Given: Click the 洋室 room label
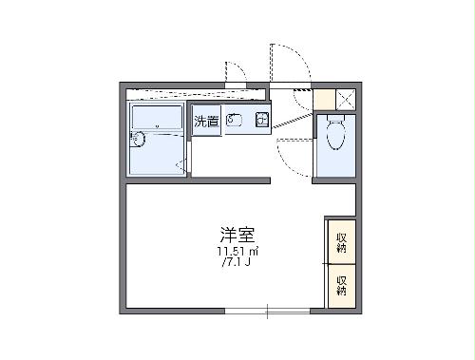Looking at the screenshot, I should click(x=238, y=234).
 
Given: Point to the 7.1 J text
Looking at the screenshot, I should click(x=237, y=263).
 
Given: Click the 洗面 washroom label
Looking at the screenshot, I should click(x=207, y=121).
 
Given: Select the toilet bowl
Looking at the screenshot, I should click(x=333, y=139).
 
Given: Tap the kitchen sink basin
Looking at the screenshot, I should click(x=236, y=121).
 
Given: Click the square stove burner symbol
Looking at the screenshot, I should click(x=261, y=120).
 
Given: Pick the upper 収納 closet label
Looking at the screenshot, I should click(x=341, y=242).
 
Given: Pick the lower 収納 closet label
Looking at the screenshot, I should click(x=341, y=284).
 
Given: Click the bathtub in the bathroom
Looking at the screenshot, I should click(x=157, y=119).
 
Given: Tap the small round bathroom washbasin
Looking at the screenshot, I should click(x=139, y=140).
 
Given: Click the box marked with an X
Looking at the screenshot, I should click(x=345, y=98).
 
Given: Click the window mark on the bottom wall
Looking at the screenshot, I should click(x=268, y=311).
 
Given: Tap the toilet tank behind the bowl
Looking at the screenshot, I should click(x=333, y=121).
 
